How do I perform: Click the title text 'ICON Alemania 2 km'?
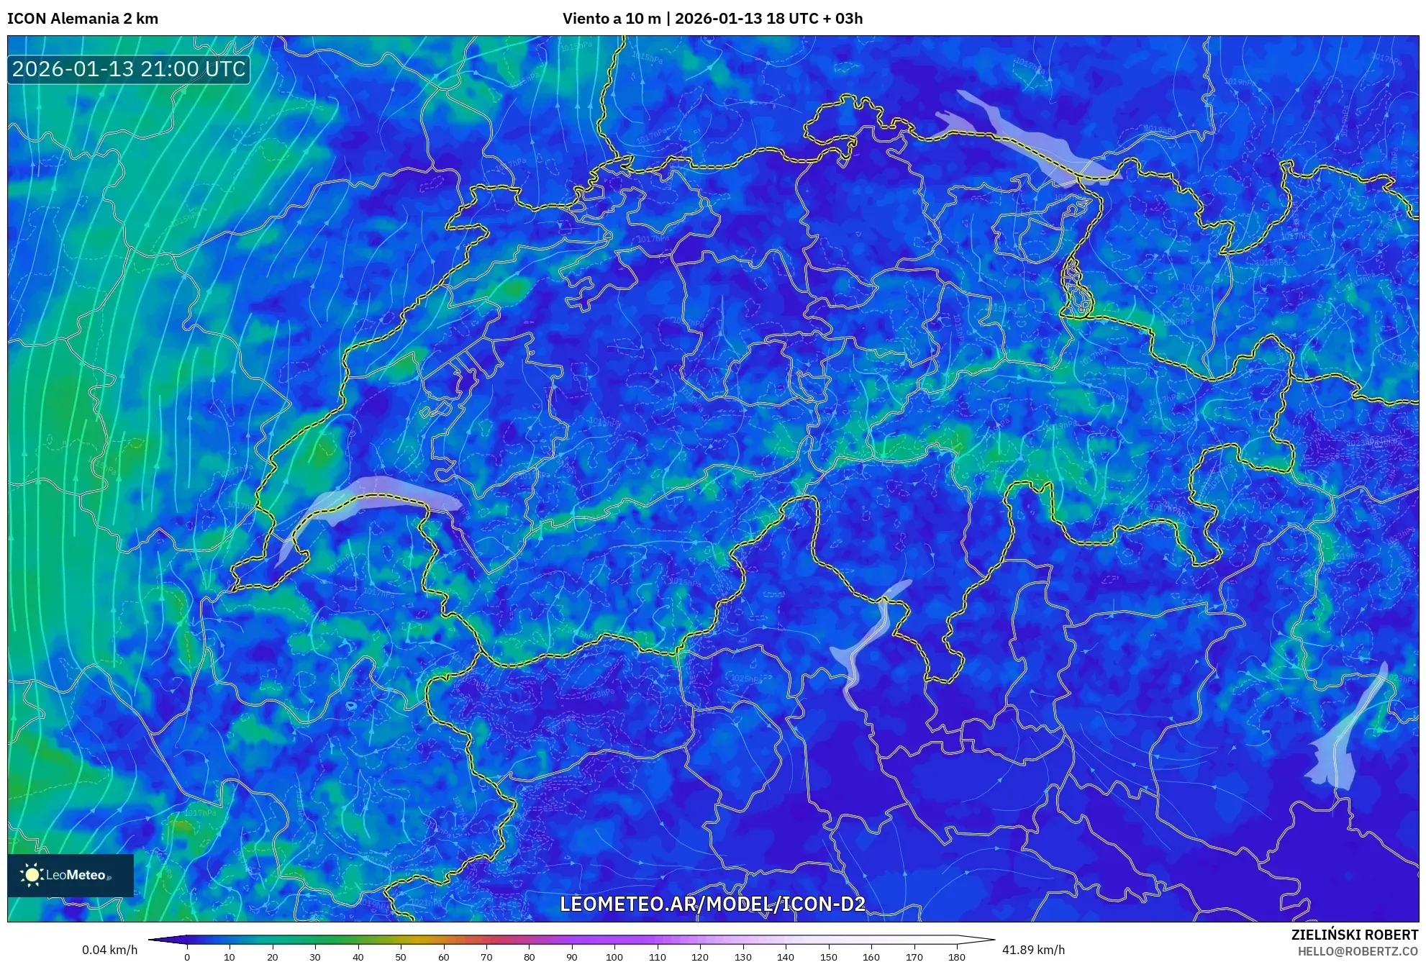(83, 19)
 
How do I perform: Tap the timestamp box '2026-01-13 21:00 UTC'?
(129, 69)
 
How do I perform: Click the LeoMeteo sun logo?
(32, 875)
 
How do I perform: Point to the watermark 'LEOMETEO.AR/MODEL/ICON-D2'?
(712, 904)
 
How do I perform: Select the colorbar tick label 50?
(401, 957)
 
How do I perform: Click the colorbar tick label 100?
(614, 957)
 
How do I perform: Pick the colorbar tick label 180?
(956, 957)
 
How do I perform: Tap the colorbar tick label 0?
(187, 957)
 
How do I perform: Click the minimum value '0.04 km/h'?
(109, 950)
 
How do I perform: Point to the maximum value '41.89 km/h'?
(1033, 950)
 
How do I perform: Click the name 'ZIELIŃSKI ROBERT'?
(1354, 935)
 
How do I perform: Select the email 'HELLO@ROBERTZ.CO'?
(1358, 951)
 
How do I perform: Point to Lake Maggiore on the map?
(867, 640)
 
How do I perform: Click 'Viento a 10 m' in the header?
(612, 19)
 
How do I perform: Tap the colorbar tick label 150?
(828, 957)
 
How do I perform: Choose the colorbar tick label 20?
(272, 957)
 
